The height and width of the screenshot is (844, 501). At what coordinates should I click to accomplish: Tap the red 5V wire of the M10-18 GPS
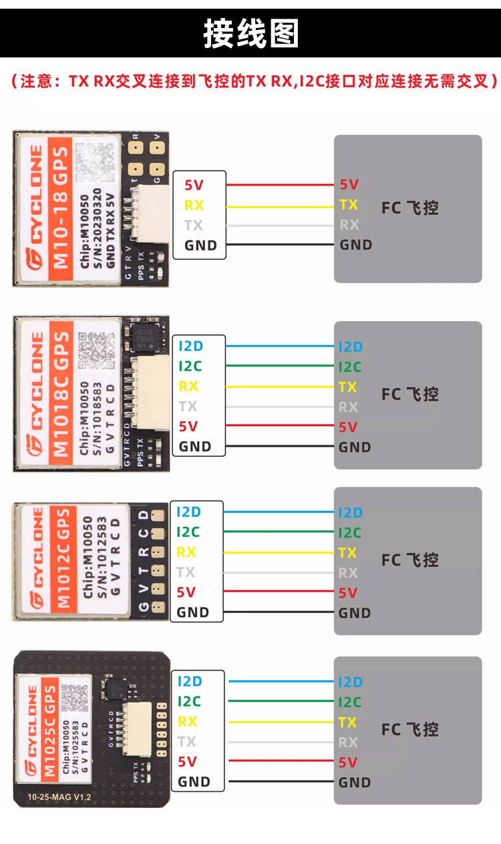click(281, 185)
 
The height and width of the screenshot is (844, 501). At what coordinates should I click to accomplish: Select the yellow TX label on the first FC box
click(348, 205)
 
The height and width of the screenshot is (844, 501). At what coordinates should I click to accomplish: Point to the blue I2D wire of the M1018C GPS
click(281, 347)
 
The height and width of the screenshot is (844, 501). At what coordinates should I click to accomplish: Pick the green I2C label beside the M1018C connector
click(190, 366)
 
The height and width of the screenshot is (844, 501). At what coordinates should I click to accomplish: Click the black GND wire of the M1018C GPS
click(281, 447)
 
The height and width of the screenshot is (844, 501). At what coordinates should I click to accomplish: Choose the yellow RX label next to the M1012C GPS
click(186, 552)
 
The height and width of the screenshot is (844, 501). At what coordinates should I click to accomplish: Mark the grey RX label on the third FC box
click(348, 573)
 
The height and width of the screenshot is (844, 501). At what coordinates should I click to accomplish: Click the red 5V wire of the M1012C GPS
click(281, 592)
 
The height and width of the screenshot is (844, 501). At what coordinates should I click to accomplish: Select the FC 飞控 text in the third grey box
click(410, 560)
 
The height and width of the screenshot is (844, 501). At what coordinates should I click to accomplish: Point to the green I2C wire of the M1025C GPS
click(281, 701)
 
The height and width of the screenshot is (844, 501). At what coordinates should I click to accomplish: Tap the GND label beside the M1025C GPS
click(194, 782)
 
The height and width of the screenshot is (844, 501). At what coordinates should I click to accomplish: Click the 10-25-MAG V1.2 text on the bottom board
click(59, 797)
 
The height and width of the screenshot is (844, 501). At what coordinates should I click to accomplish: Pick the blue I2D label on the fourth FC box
click(350, 682)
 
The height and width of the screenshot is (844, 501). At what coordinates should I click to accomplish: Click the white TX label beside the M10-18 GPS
click(194, 225)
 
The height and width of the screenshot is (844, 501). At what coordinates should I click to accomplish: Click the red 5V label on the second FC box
click(348, 427)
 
